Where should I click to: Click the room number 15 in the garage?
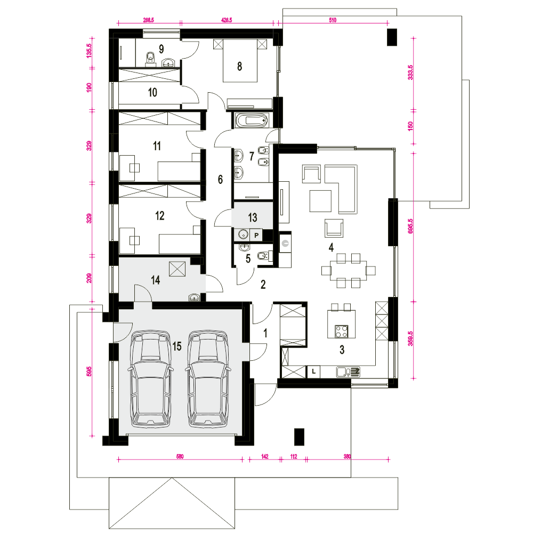point(177,346)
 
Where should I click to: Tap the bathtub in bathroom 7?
point(252,120)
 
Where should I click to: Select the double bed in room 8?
point(240,61)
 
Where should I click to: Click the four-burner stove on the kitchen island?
point(341,332)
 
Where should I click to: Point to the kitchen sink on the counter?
point(348,372)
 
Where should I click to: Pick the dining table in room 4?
point(349,271)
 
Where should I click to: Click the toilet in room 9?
point(150,59)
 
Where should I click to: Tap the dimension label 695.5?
point(410,225)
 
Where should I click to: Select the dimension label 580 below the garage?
point(180,457)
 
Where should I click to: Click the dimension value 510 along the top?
point(333,20)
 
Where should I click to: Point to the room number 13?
point(253,217)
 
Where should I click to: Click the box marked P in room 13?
point(256,235)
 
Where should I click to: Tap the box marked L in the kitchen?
point(313,372)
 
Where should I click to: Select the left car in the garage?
point(150,378)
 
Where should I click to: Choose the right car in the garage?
point(208,378)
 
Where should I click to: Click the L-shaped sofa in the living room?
point(341,189)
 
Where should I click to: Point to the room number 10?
point(152,92)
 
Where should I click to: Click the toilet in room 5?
point(265,256)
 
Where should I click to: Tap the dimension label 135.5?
point(88,51)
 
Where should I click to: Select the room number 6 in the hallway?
point(220,179)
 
